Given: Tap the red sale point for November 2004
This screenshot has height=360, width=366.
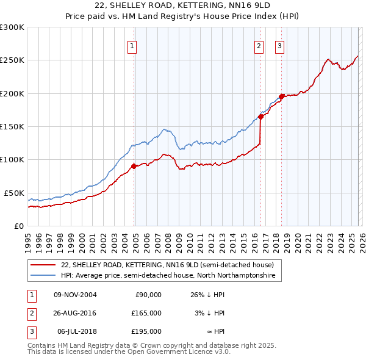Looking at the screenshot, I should pyautogui.click(x=134, y=165).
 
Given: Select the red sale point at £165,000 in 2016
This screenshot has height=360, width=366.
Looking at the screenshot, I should pyautogui.click(x=260, y=117).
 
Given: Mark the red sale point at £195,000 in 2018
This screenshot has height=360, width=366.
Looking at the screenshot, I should pyautogui.click(x=281, y=96).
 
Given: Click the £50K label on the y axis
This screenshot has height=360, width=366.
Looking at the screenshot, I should pyautogui.click(x=14, y=193).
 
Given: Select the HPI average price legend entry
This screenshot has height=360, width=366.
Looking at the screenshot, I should pyautogui.click(x=168, y=276).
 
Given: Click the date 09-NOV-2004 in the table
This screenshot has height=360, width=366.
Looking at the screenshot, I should pyautogui.click(x=76, y=295).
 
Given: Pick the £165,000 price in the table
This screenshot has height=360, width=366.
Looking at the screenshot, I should pyautogui.click(x=146, y=313).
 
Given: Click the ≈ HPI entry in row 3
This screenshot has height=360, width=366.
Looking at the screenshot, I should pyautogui.click(x=214, y=331).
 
